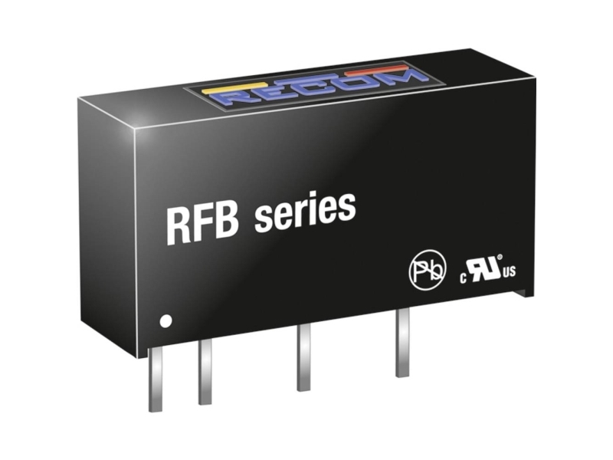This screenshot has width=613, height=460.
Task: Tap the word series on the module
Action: pos(305,212)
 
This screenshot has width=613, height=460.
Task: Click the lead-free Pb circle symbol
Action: pos(428,270)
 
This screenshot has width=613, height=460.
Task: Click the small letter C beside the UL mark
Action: pos(464,278)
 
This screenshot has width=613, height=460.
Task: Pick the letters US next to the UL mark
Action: pos(510,271)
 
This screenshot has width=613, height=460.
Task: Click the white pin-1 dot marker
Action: pos(166,321)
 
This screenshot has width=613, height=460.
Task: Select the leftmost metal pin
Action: pos(155,379)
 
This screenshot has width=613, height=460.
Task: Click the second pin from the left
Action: pos(205,372)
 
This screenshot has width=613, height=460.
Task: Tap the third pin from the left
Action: pos(303,357)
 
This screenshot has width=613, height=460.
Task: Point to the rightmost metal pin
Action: pos(402,343)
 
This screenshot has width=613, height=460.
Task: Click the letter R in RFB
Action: pos(179,226)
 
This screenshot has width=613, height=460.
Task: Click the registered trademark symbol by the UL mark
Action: pos(500,258)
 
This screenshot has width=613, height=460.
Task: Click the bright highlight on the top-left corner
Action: pos(135,128)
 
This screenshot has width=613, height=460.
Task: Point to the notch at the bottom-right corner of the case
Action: pos(523,291)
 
